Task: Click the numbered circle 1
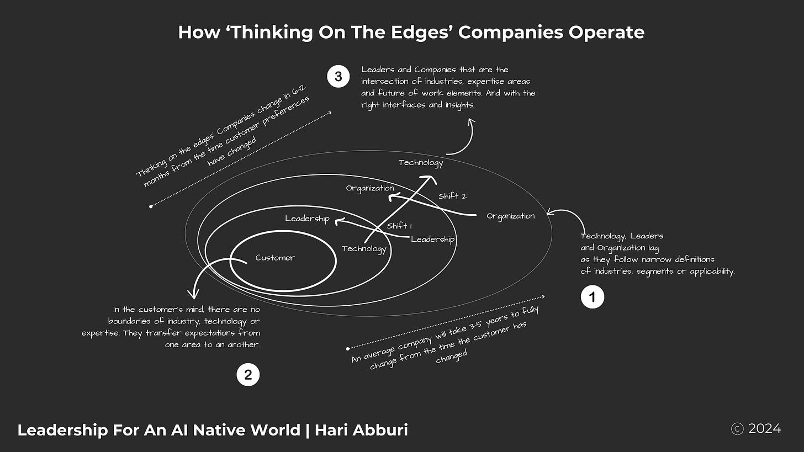(593, 297)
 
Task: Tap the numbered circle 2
(248, 375)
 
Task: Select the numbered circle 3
(338, 77)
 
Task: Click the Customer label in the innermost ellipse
(275, 258)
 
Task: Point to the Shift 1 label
(400, 226)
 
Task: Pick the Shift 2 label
(452, 196)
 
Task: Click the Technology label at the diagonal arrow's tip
(421, 163)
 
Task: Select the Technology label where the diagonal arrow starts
(364, 249)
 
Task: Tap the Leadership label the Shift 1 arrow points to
(307, 219)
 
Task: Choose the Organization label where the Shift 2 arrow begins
(510, 216)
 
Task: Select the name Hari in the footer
(331, 430)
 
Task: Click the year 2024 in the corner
(765, 429)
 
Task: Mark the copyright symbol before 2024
(737, 429)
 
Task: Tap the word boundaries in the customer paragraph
(134, 321)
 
